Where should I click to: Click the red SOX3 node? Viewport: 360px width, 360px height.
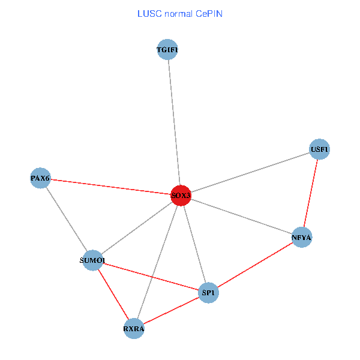pyautogui.click(x=181, y=195)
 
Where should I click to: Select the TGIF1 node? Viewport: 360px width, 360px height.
pyautogui.click(x=167, y=50)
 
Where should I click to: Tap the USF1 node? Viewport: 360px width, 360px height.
pyautogui.click(x=319, y=149)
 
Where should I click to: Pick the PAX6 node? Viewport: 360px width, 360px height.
pyautogui.click(x=40, y=178)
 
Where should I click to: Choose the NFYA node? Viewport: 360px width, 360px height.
pyautogui.click(x=302, y=238)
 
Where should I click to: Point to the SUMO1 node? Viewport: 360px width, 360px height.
pyautogui.click(x=92, y=260)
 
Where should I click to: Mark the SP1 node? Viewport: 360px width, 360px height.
pyautogui.click(x=208, y=293)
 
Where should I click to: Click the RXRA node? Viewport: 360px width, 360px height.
pyautogui.click(x=133, y=328)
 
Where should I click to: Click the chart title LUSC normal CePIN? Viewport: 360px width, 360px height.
pyautogui.click(x=179, y=13)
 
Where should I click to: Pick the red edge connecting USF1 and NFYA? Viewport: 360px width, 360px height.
pyautogui.click(x=311, y=193)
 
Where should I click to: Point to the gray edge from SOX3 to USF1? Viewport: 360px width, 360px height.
pyautogui.click(x=252, y=171)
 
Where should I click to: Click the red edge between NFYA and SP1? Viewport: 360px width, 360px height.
pyautogui.click(x=255, y=265)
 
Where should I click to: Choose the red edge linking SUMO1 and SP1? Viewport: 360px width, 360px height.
pyautogui.click(x=150, y=276)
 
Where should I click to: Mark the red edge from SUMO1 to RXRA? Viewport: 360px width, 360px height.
pyautogui.click(x=113, y=294)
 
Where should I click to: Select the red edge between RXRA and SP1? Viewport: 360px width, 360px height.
pyautogui.click(x=171, y=310)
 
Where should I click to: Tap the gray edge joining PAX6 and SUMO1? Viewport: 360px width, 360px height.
pyautogui.click(x=66, y=218)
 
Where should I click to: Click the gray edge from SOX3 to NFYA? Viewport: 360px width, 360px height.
pyautogui.click(x=240, y=216)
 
